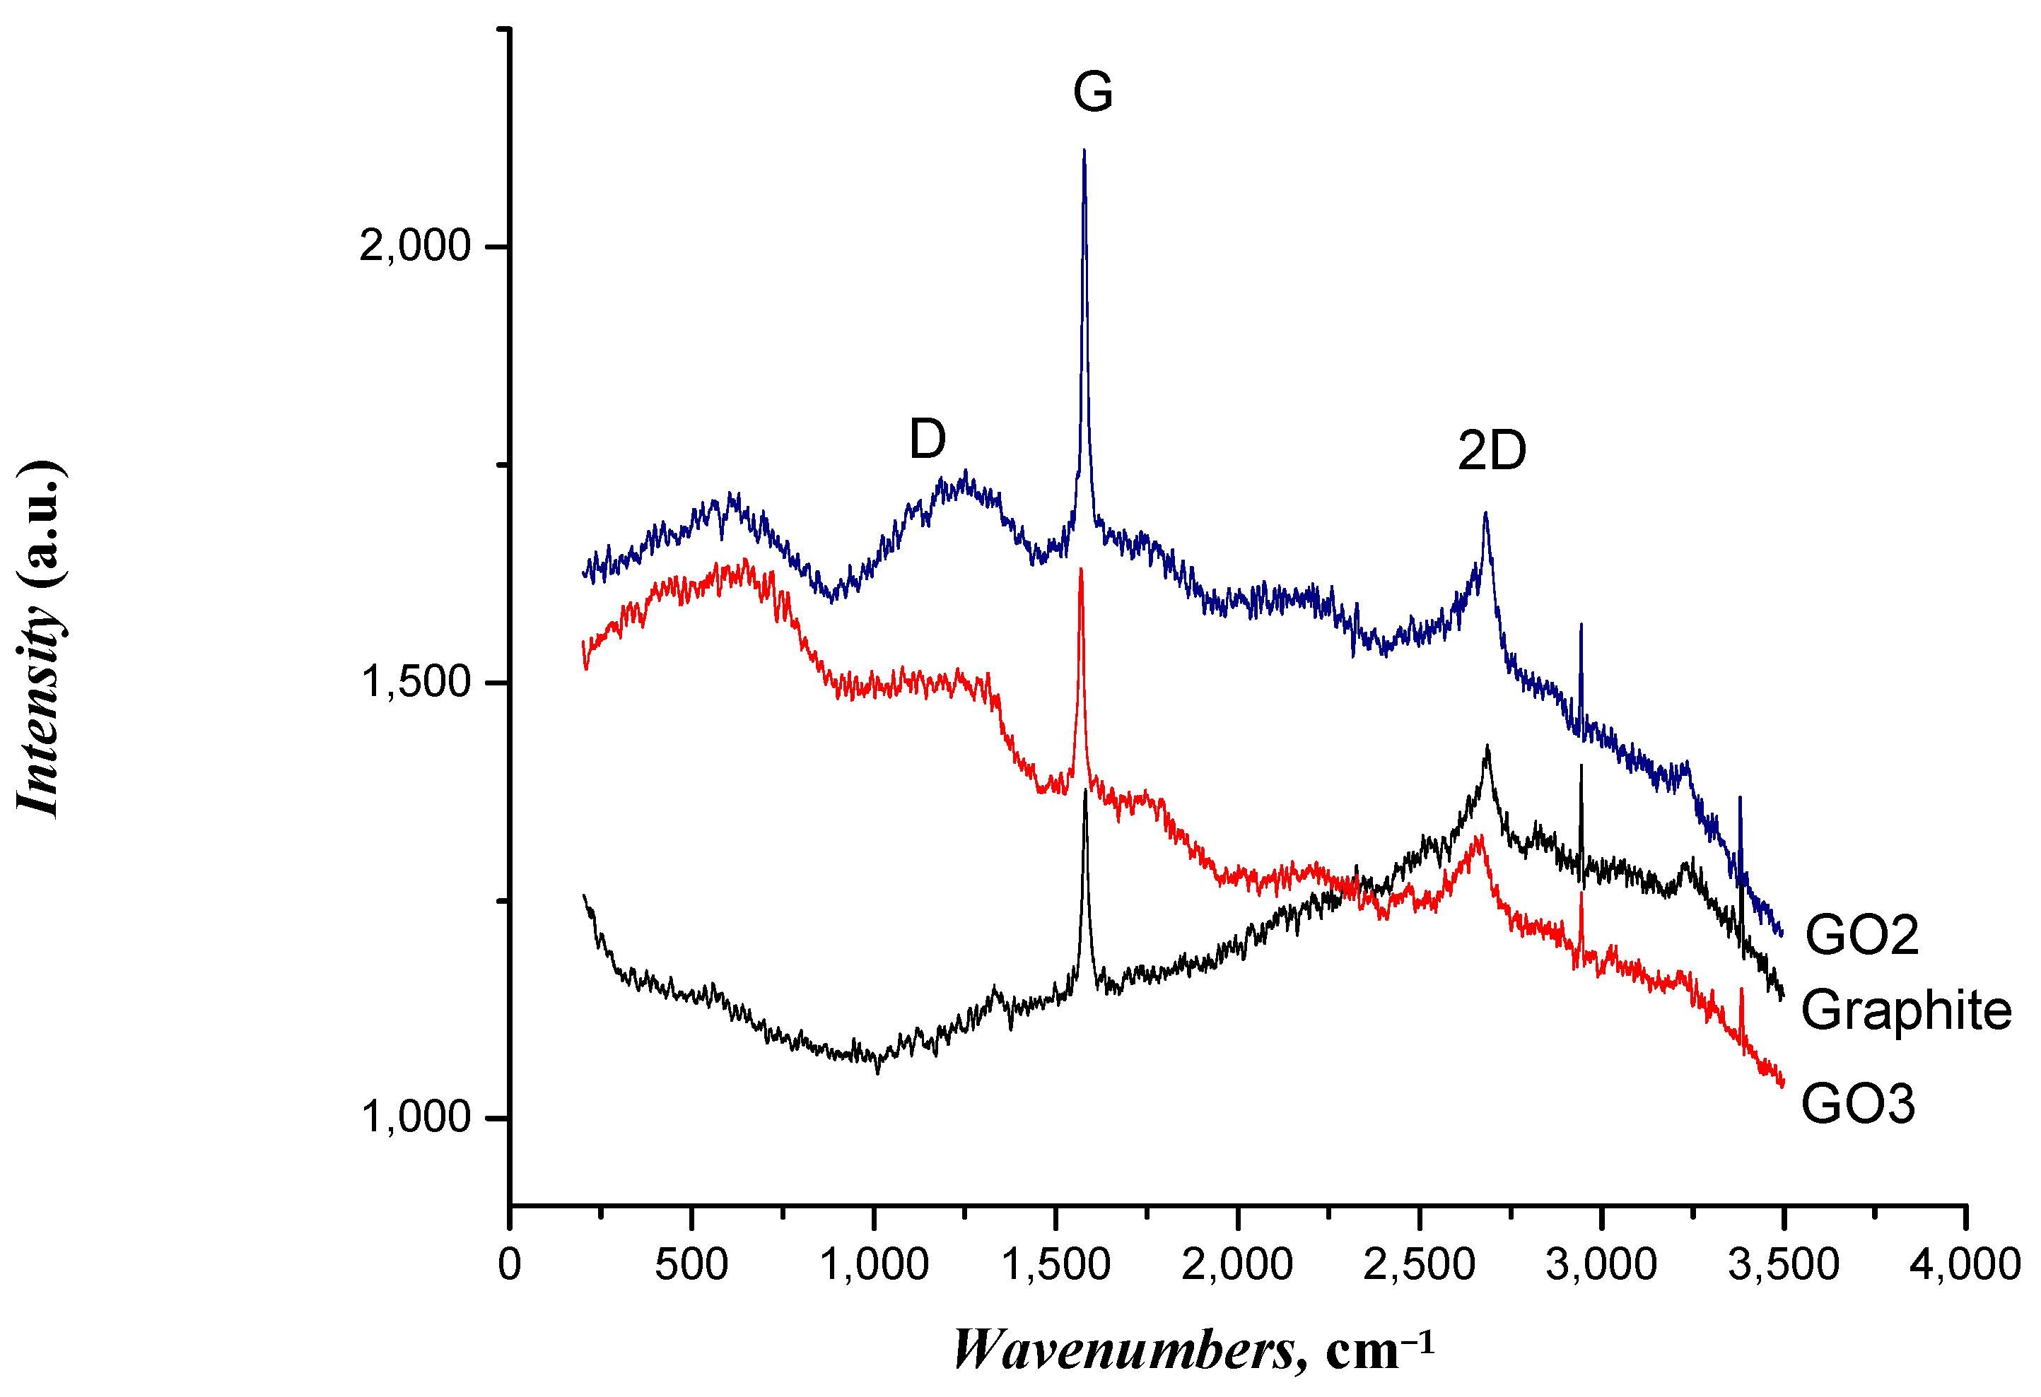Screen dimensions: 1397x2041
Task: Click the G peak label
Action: coord(1092,91)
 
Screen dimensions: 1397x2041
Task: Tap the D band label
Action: coord(928,438)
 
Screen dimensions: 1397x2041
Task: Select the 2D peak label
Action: coord(1491,450)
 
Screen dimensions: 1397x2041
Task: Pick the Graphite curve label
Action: coord(1906,1010)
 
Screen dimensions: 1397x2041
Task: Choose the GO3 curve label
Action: coord(1857,1103)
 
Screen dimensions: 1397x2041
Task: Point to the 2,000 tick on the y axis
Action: coord(416,246)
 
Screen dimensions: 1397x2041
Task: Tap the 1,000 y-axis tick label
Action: coord(416,1118)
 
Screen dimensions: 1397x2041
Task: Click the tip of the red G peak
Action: coord(1081,569)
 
